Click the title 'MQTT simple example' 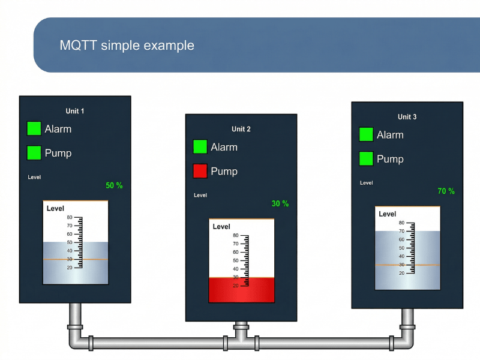pos(127,46)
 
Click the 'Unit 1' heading pos(75,111)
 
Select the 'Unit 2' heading pos(241,129)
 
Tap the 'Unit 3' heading pos(407,117)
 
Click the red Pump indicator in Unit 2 pos(200,171)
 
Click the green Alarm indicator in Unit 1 pos(34,128)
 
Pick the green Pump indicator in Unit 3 pos(366,159)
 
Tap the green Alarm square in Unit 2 pos(200,147)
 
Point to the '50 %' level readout pos(114,185)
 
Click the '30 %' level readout pos(280,203)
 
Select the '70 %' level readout pos(446,191)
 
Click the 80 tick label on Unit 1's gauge pos(70,217)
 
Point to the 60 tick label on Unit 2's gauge pos(236,252)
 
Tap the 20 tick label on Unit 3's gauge pos(402,273)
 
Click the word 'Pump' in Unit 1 pos(58,153)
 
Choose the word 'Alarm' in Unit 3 pos(390,135)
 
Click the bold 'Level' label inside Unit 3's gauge pos(388,214)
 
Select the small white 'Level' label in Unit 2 pos(200,195)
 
